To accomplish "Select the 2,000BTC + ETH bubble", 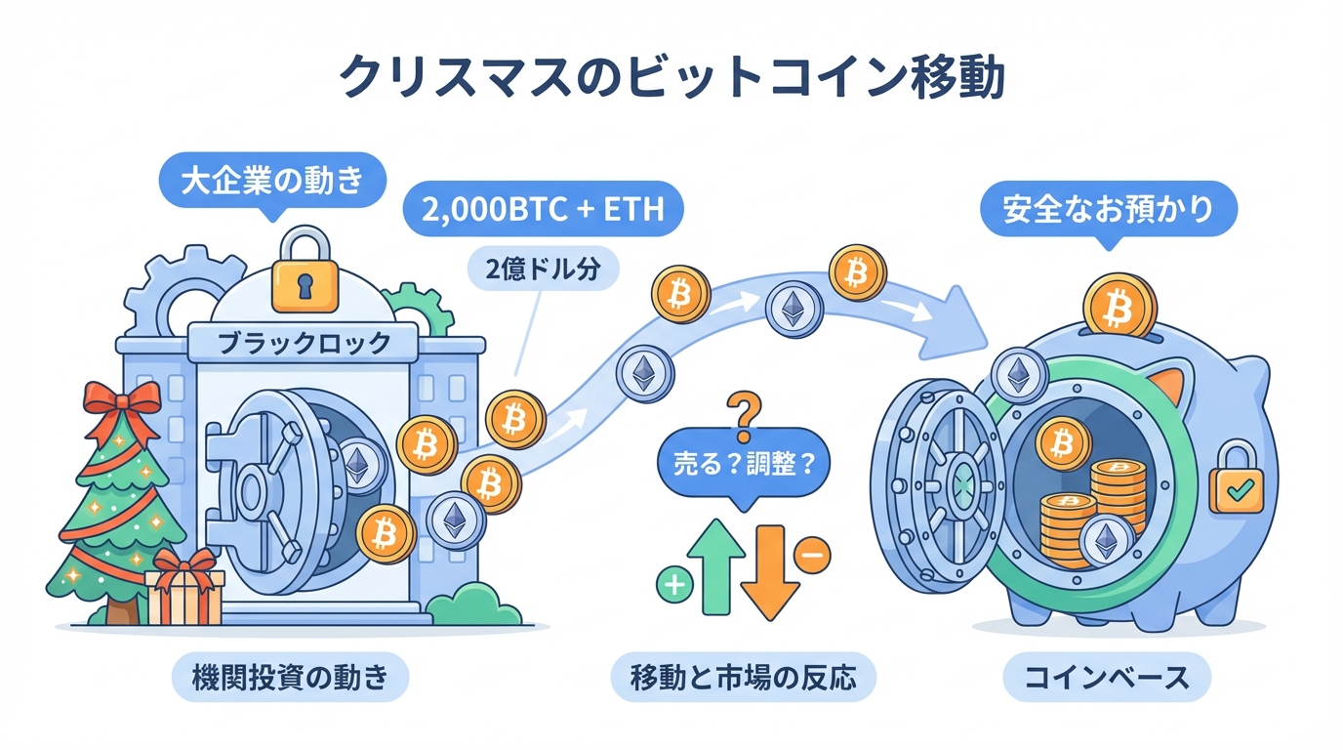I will pos(544,210).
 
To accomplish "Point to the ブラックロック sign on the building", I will pos(303,342).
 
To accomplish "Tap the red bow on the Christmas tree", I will pos(121,399).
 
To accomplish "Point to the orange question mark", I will pos(744,408).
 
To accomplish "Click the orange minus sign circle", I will pos(813,555).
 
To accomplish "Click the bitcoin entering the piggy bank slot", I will pos(1119,306).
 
